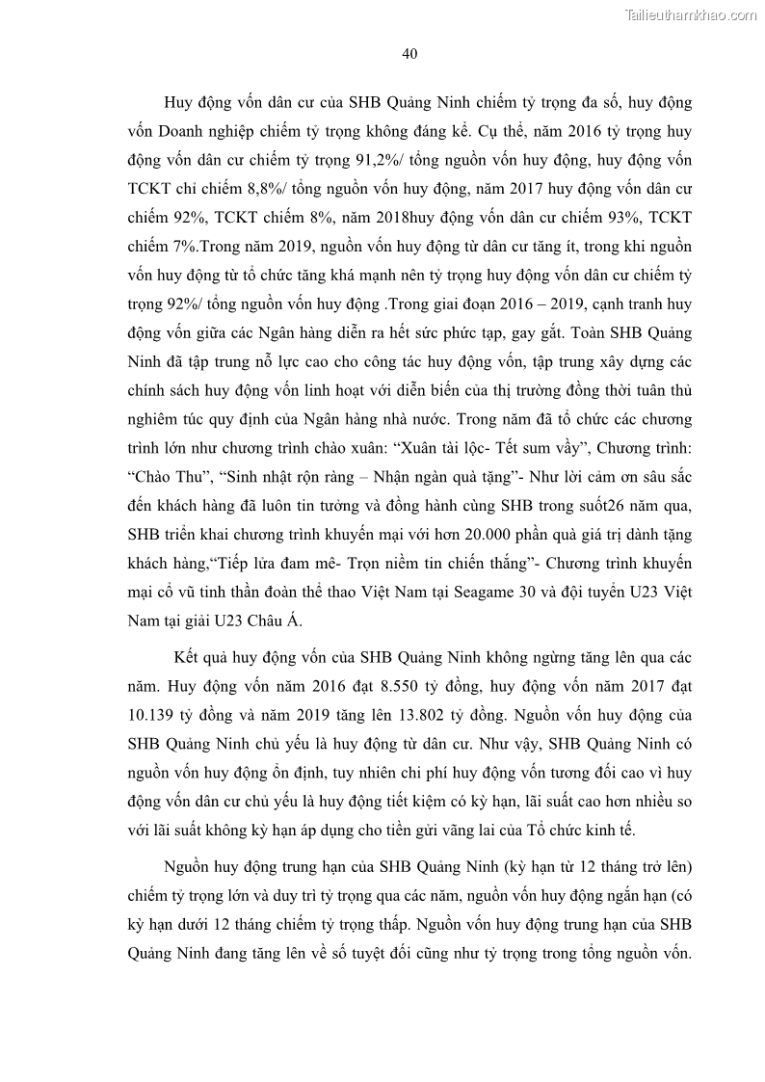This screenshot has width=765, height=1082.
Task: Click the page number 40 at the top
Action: [x=408, y=53]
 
